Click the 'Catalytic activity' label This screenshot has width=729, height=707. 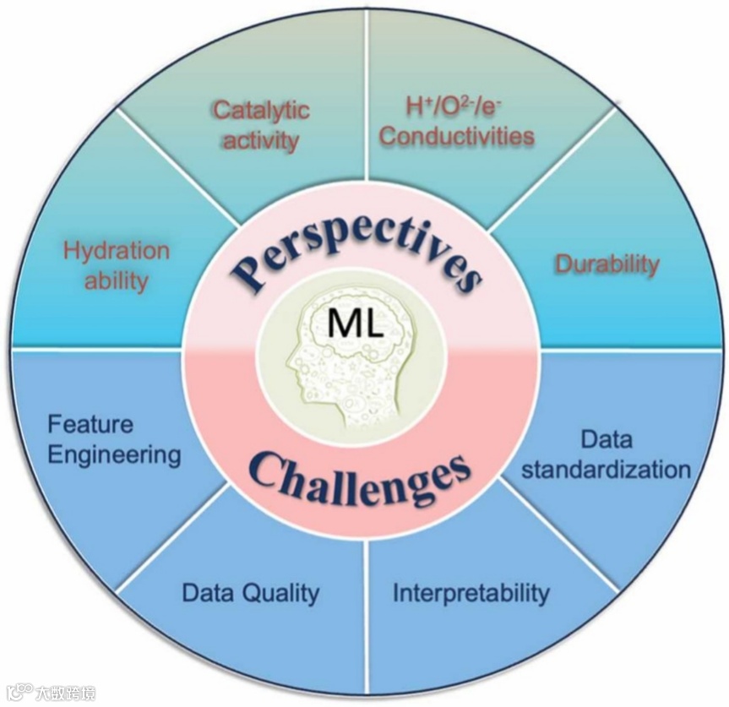coord(261,124)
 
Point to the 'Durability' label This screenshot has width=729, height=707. coord(606,264)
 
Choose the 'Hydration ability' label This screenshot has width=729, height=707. coord(117,265)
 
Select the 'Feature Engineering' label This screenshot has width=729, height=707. coord(114,439)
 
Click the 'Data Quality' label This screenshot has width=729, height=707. coord(250,593)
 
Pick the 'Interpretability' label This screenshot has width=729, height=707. coord(471,593)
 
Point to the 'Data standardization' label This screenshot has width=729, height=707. coord(606,454)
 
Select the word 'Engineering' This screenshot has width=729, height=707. coord(114,454)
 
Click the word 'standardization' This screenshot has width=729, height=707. coord(606,469)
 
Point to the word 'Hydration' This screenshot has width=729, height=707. coord(117,251)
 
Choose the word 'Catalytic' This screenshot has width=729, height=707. coord(261,110)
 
